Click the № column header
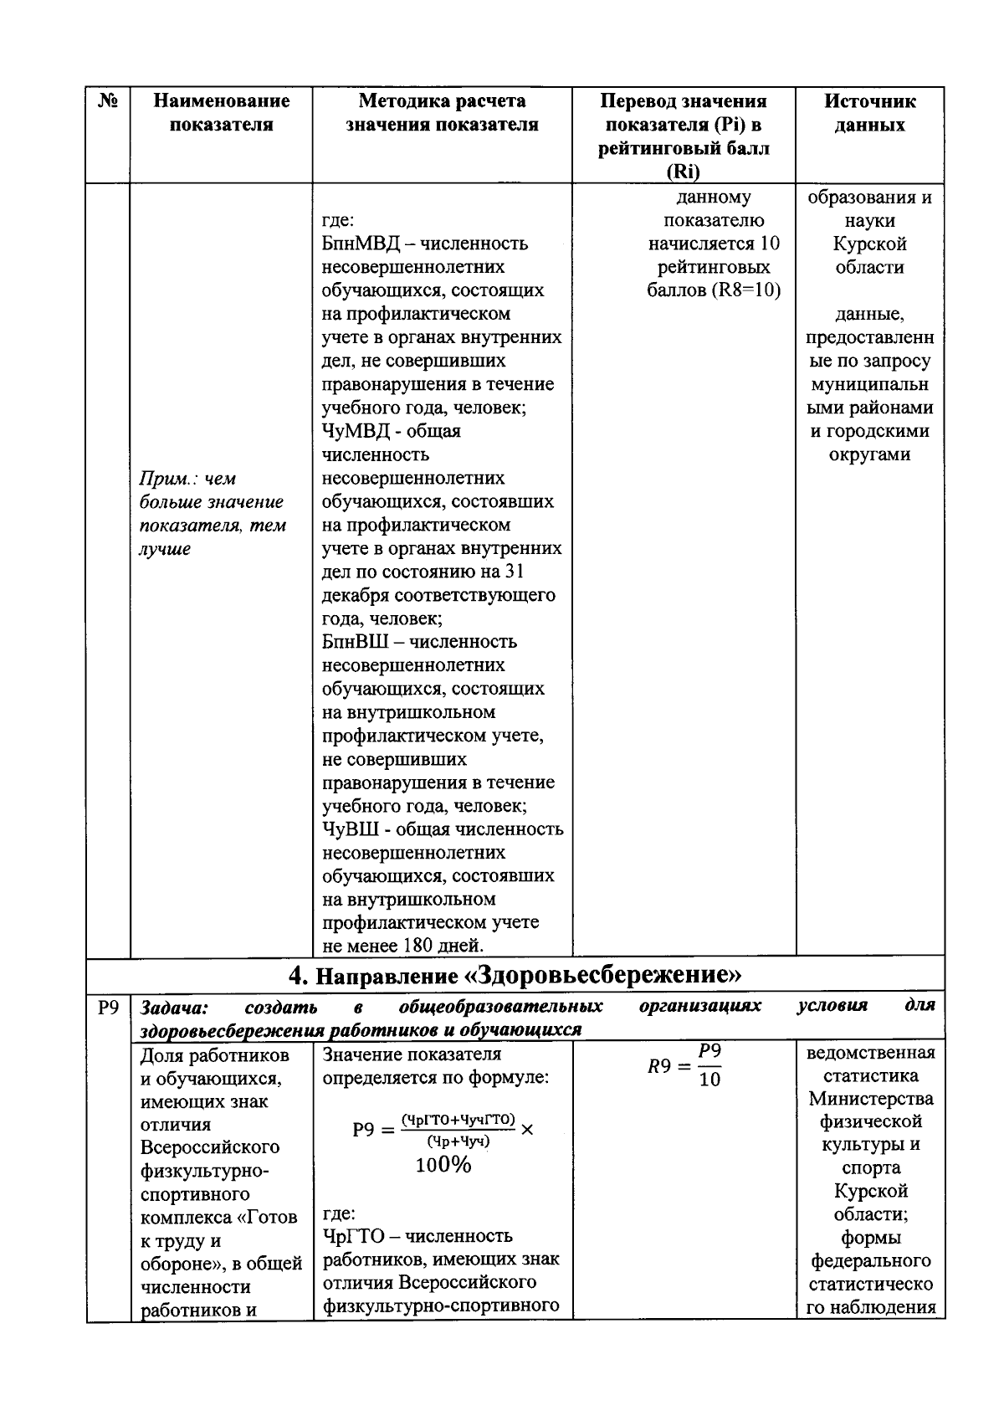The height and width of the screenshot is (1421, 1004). (108, 101)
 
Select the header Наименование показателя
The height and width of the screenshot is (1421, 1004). (222, 113)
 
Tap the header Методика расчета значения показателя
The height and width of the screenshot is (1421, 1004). (442, 113)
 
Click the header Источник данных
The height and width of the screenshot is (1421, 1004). (870, 113)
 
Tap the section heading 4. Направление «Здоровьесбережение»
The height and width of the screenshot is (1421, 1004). (515, 975)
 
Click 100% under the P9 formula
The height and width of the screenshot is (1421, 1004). (443, 1165)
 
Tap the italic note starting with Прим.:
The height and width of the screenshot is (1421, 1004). (213, 513)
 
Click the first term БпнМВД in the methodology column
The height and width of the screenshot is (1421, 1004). (357, 244)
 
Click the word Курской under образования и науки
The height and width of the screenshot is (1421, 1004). (869, 244)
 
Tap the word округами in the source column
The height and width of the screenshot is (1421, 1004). (869, 455)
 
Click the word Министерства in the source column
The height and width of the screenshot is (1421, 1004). (870, 1098)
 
